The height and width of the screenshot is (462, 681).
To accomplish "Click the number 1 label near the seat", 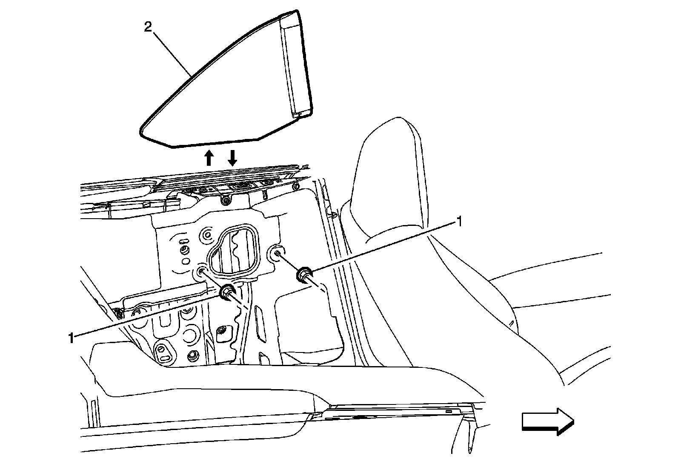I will point(459,221).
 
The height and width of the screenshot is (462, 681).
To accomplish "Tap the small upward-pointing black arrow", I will point(209,157).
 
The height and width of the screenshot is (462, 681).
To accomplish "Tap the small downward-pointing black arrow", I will point(232,157).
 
